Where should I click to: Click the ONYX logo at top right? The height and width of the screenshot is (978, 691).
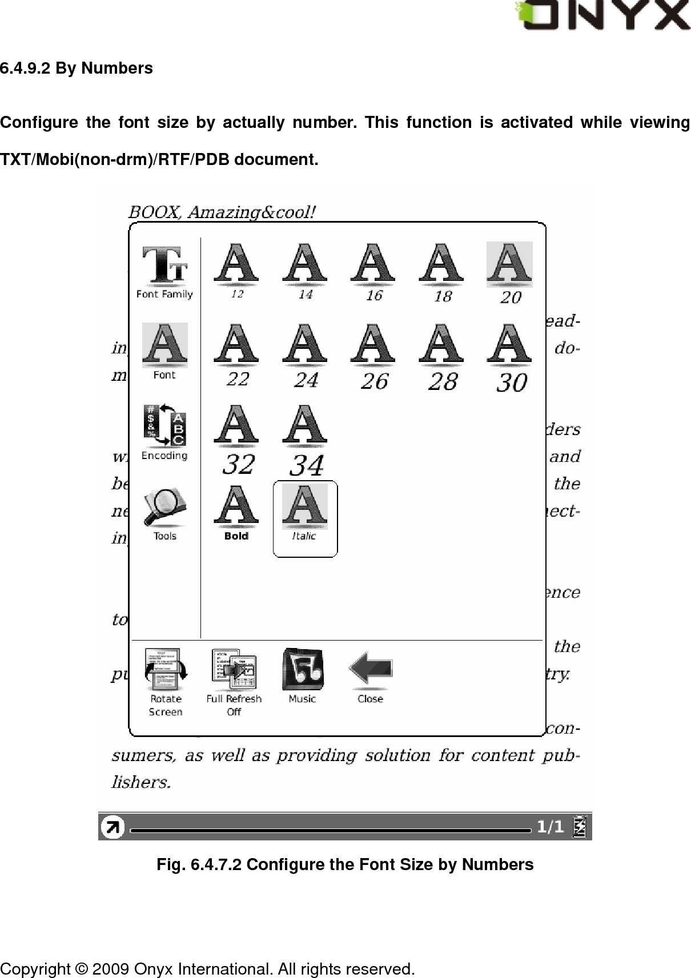click(x=602, y=15)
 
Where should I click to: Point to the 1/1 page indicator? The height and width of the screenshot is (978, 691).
click(x=550, y=827)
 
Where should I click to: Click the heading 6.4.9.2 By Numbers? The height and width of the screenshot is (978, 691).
click(x=77, y=69)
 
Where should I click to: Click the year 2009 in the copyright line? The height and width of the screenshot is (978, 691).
click(x=111, y=969)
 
